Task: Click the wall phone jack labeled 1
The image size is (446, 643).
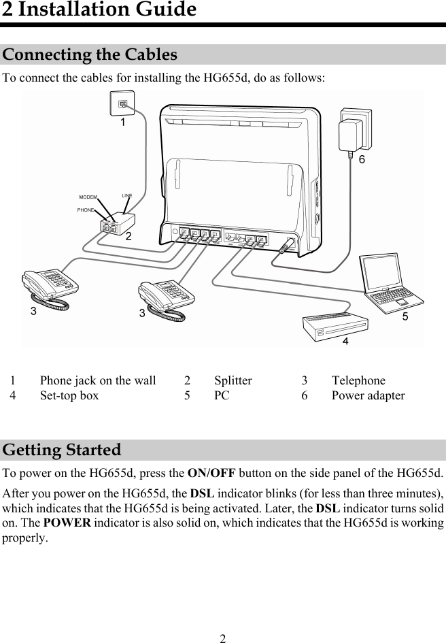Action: (x=122, y=103)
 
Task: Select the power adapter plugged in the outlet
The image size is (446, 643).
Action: (x=354, y=131)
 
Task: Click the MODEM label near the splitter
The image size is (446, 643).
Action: (x=88, y=197)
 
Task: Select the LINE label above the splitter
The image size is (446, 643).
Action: (x=126, y=196)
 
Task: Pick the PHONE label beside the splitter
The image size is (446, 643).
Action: (x=86, y=210)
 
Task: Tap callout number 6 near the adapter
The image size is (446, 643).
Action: (x=362, y=160)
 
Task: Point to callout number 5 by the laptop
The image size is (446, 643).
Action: (x=405, y=316)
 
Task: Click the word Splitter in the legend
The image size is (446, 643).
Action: (x=233, y=380)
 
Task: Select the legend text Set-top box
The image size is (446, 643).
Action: (x=69, y=395)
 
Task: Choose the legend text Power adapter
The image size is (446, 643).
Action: (x=368, y=395)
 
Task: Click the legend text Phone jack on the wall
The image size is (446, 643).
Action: (x=98, y=380)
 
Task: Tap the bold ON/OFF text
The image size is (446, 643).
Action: (x=211, y=473)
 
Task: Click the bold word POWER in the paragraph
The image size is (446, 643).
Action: (x=65, y=523)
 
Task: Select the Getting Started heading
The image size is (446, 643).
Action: (x=62, y=450)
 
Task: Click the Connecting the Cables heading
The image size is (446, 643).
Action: (x=90, y=54)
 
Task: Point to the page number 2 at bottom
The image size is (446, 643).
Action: (x=222, y=638)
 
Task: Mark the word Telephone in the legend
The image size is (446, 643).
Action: (x=358, y=380)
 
